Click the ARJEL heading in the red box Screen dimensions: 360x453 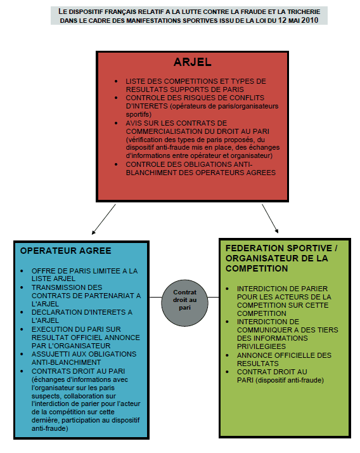point(192,62)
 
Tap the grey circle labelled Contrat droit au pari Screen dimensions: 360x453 point(185,303)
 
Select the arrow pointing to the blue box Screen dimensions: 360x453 point(104,220)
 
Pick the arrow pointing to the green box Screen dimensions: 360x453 point(270,218)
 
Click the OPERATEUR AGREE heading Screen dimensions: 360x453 point(65,251)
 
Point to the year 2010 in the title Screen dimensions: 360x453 point(310,20)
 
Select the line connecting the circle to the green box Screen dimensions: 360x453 point(214,297)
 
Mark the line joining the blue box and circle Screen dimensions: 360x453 point(155,297)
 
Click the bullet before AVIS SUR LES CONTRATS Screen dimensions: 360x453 point(116,123)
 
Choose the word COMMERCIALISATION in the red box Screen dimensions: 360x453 point(160,131)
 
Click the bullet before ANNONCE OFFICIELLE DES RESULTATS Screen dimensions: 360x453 point(228,356)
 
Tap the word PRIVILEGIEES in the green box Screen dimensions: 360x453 point(261,346)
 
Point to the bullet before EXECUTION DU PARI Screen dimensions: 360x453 point(22,330)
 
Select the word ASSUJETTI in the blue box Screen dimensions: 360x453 point(49,354)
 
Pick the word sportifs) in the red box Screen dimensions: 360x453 point(139,114)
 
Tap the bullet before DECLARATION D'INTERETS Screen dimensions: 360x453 point(22,313)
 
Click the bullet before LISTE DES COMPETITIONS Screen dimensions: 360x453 point(116,82)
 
